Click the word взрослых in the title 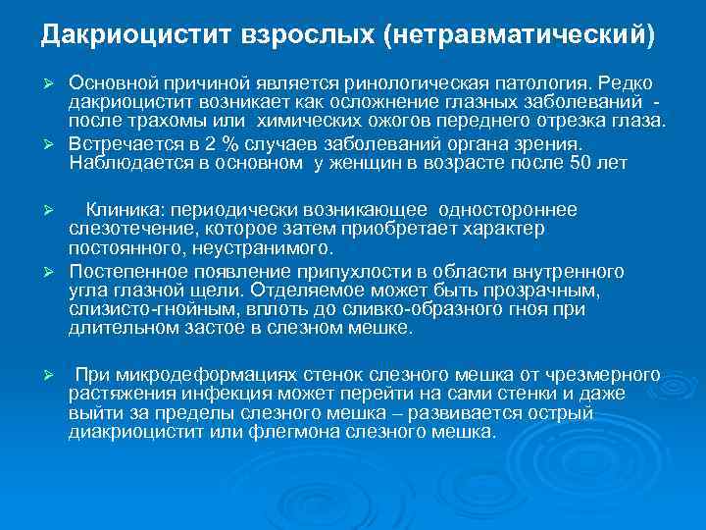click(303, 35)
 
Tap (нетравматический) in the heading click(520, 35)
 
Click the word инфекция click(207, 394)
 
